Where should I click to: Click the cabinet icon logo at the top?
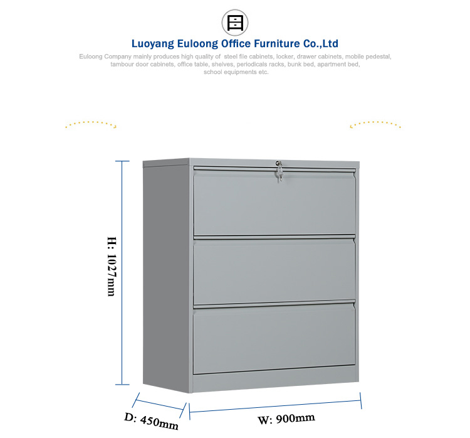(x=235, y=23)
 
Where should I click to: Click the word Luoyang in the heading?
(x=152, y=44)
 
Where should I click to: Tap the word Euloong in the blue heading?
(x=197, y=43)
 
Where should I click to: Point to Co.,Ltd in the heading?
(x=321, y=43)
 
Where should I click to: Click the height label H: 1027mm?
(x=112, y=266)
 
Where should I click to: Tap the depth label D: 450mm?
(x=152, y=421)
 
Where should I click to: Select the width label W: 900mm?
(x=286, y=419)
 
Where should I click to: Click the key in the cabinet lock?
(x=279, y=172)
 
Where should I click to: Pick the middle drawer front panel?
(x=274, y=271)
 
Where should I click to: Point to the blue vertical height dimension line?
(x=122, y=272)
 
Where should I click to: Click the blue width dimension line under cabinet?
(x=275, y=406)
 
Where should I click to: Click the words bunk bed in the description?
(x=301, y=64)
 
